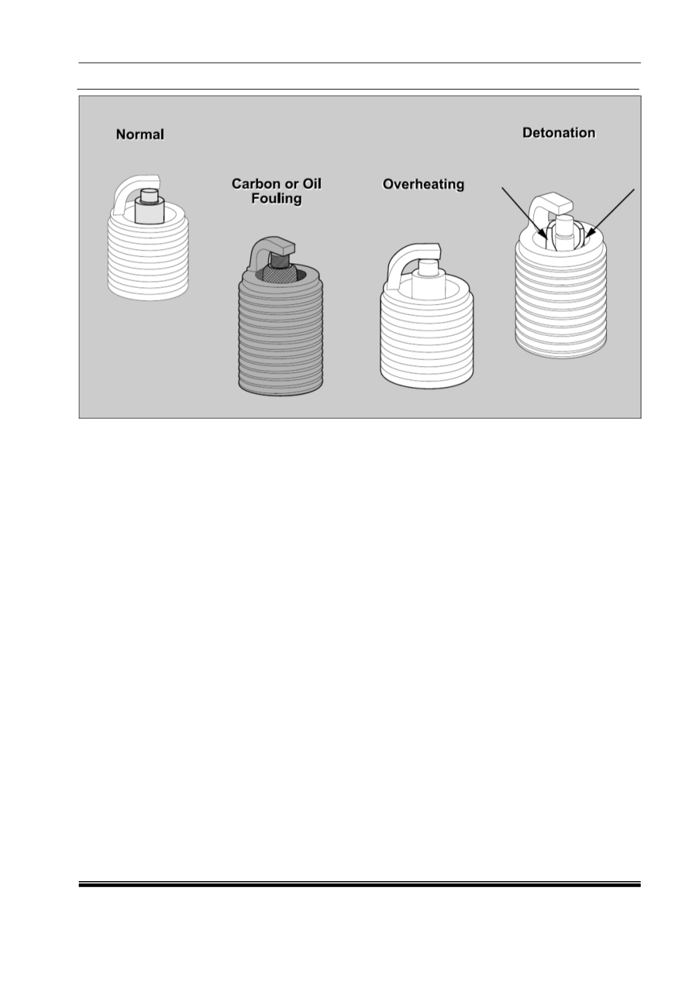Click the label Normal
tap(140, 134)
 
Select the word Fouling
tap(277, 198)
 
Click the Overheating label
tap(423, 184)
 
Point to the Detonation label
tap(559, 133)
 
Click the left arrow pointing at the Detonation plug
tap(525, 213)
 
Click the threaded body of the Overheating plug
tap(426, 338)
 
